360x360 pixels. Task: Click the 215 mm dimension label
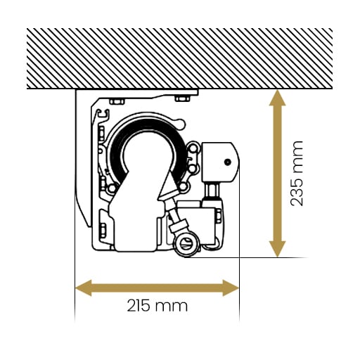pos(157,306)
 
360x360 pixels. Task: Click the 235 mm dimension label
pos(297,174)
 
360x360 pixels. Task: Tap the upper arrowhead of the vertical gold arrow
pos(277,98)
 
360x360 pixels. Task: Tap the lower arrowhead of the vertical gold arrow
pos(277,249)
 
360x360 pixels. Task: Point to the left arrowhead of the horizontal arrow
pos(83,288)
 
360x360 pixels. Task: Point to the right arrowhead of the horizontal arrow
pos(231,288)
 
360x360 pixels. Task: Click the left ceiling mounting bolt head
pos(117,101)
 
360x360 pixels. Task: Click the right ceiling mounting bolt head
pos(182,98)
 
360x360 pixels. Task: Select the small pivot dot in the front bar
pos(227,162)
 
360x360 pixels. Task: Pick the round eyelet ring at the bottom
pos(186,245)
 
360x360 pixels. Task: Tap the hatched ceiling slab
pos(179,58)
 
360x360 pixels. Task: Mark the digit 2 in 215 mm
pos(131,306)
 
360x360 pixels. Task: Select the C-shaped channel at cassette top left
pos(103,114)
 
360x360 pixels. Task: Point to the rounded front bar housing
pos(220,162)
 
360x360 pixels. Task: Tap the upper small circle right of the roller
pos(193,148)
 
